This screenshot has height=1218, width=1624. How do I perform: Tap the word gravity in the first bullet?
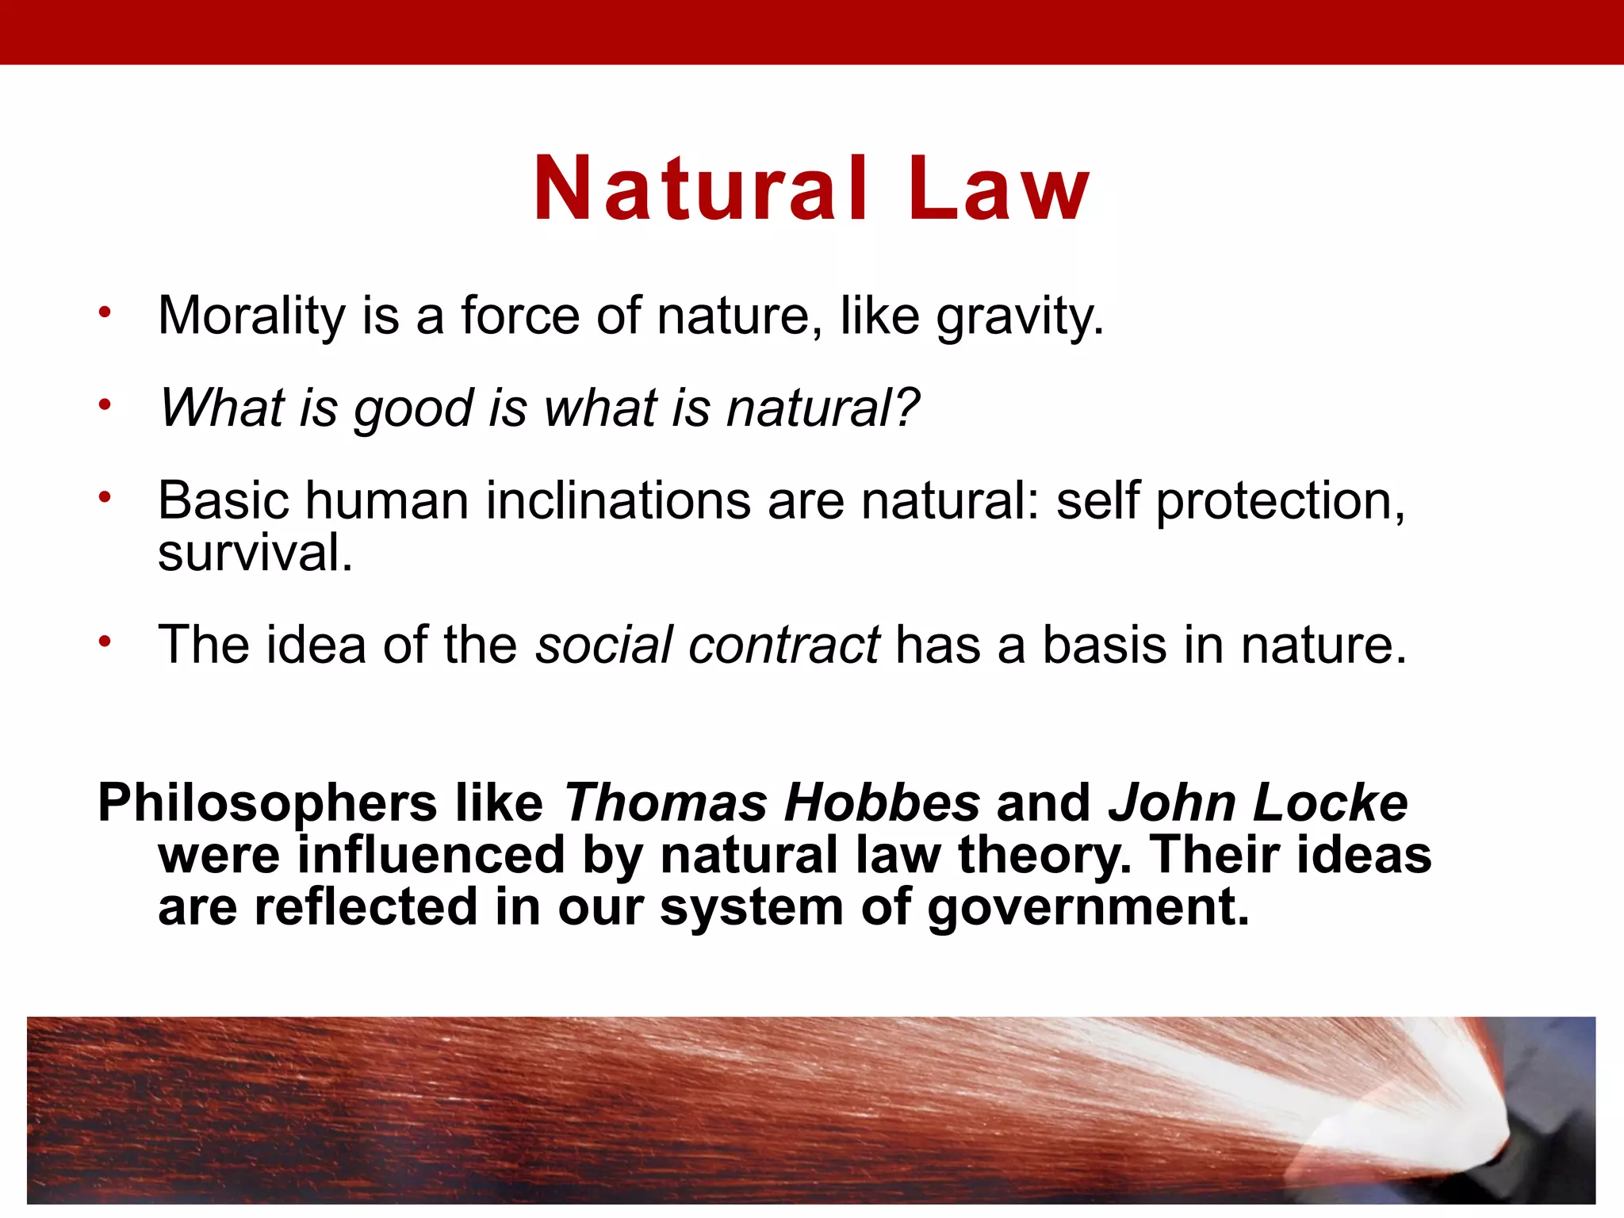(1019, 317)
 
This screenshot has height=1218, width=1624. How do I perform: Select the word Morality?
(251, 317)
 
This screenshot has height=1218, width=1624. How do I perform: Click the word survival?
(254, 553)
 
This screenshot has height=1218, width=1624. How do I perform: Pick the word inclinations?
(619, 501)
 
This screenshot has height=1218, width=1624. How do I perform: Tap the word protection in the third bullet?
(1279, 503)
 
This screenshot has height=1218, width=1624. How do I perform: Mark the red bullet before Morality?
(105, 312)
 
